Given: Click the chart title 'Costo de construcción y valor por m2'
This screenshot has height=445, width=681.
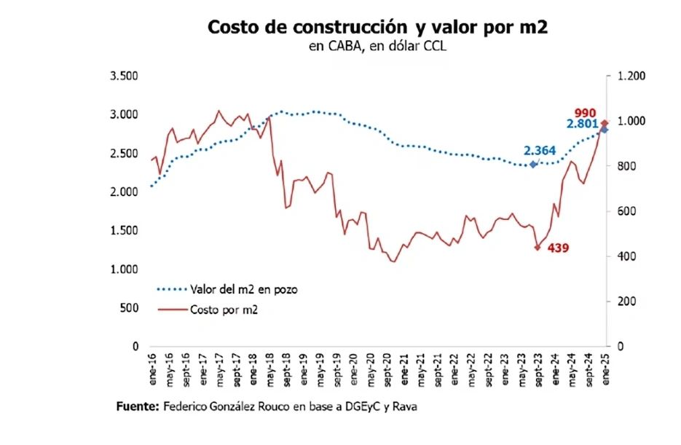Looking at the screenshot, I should click(x=377, y=27).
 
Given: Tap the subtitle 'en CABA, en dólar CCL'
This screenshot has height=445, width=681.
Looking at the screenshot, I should click(x=377, y=47).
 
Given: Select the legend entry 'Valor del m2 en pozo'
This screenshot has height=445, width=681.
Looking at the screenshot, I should click(x=243, y=289).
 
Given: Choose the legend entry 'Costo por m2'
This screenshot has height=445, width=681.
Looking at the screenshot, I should click(x=224, y=310).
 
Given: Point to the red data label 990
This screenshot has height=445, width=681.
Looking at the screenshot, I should click(x=585, y=112).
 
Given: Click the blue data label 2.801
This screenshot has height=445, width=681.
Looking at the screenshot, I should click(x=582, y=125).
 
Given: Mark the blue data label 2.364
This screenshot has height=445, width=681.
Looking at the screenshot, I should click(x=539, y=151).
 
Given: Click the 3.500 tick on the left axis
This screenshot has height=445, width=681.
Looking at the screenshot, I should click(x=124, y=76).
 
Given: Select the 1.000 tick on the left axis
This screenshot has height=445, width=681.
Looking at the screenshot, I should click(x=124, y=269).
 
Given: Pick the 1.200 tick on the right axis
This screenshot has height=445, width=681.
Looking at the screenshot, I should click(x=631, y=76).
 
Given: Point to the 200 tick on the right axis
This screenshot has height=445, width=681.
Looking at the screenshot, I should click(x=626, y=302).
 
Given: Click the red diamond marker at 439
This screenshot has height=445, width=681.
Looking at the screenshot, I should click(x=538, y=248).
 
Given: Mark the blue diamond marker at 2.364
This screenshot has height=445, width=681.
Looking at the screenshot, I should click(x=533, y=165).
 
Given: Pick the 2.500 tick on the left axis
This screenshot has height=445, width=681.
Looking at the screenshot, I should click(x=124, y=154).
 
